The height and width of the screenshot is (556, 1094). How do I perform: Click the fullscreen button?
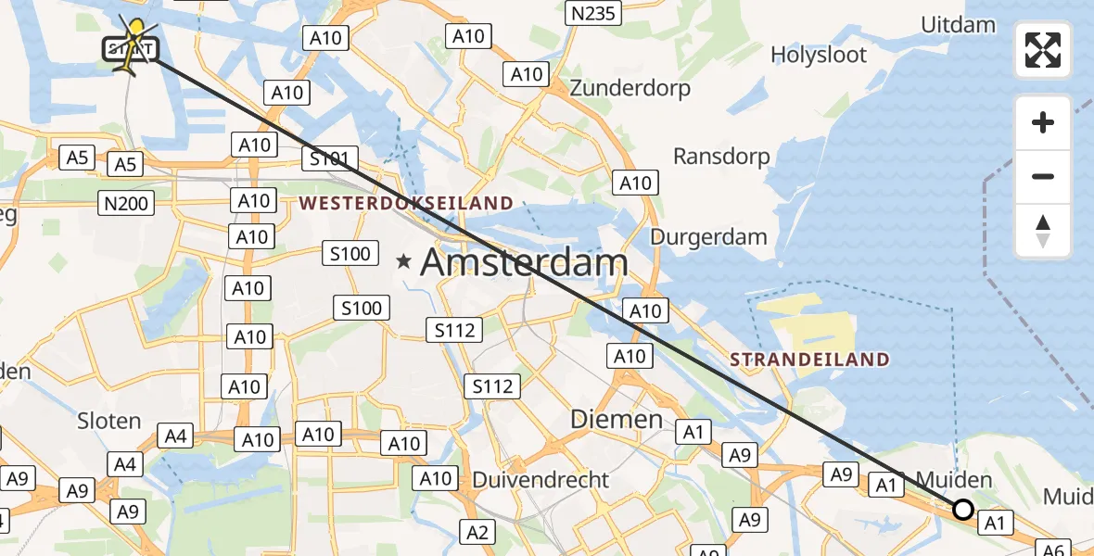(1043, 49)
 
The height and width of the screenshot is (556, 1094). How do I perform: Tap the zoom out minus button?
(1043, 176)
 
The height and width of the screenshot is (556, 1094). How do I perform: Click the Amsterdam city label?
(524, 263)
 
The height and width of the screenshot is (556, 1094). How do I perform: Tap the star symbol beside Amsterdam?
(403, 262)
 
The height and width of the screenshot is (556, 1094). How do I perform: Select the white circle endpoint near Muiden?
(963, 510)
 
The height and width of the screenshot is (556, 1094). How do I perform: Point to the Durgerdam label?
(708, 237)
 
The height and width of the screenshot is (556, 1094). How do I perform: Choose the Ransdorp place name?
(721, 157)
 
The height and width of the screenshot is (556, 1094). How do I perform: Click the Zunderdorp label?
(630, 89)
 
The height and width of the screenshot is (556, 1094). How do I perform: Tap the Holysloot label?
(819, 56)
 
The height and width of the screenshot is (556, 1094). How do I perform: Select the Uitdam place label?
(959, 25)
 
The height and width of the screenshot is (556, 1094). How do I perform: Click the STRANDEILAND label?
(809, 360)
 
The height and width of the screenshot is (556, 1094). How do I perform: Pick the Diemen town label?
(617, 420)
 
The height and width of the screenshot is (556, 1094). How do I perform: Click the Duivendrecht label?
(541, 480)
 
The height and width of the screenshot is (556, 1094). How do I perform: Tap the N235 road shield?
(592, 13)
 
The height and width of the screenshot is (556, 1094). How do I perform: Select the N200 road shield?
(127, 203)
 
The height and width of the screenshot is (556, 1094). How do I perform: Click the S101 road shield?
(328, 159)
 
